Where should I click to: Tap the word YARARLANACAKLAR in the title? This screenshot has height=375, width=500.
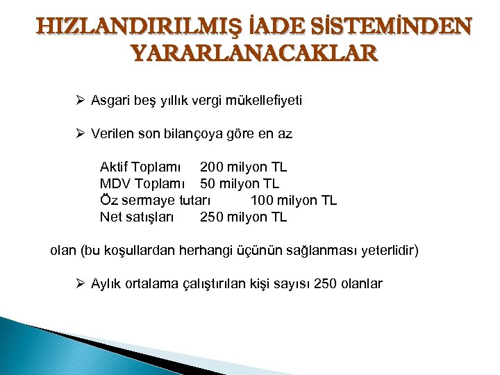coord(255,53)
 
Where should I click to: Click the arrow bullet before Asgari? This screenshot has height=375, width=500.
coord(80,101)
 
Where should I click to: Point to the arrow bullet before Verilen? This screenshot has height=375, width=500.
coord(80,134)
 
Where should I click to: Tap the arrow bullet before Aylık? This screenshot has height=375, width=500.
coord(80,283)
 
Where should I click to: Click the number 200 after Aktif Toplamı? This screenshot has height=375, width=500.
coord(212,167)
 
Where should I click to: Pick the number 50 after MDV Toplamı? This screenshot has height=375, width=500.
coord(208,184)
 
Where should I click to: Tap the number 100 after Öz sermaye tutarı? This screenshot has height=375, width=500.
coord(262,201)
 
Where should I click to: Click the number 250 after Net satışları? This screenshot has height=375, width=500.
coord(212,217)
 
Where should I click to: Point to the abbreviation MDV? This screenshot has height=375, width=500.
coord(115,184)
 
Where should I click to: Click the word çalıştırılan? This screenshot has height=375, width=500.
coord(219,283)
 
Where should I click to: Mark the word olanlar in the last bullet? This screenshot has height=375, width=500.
coord(360,283)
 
